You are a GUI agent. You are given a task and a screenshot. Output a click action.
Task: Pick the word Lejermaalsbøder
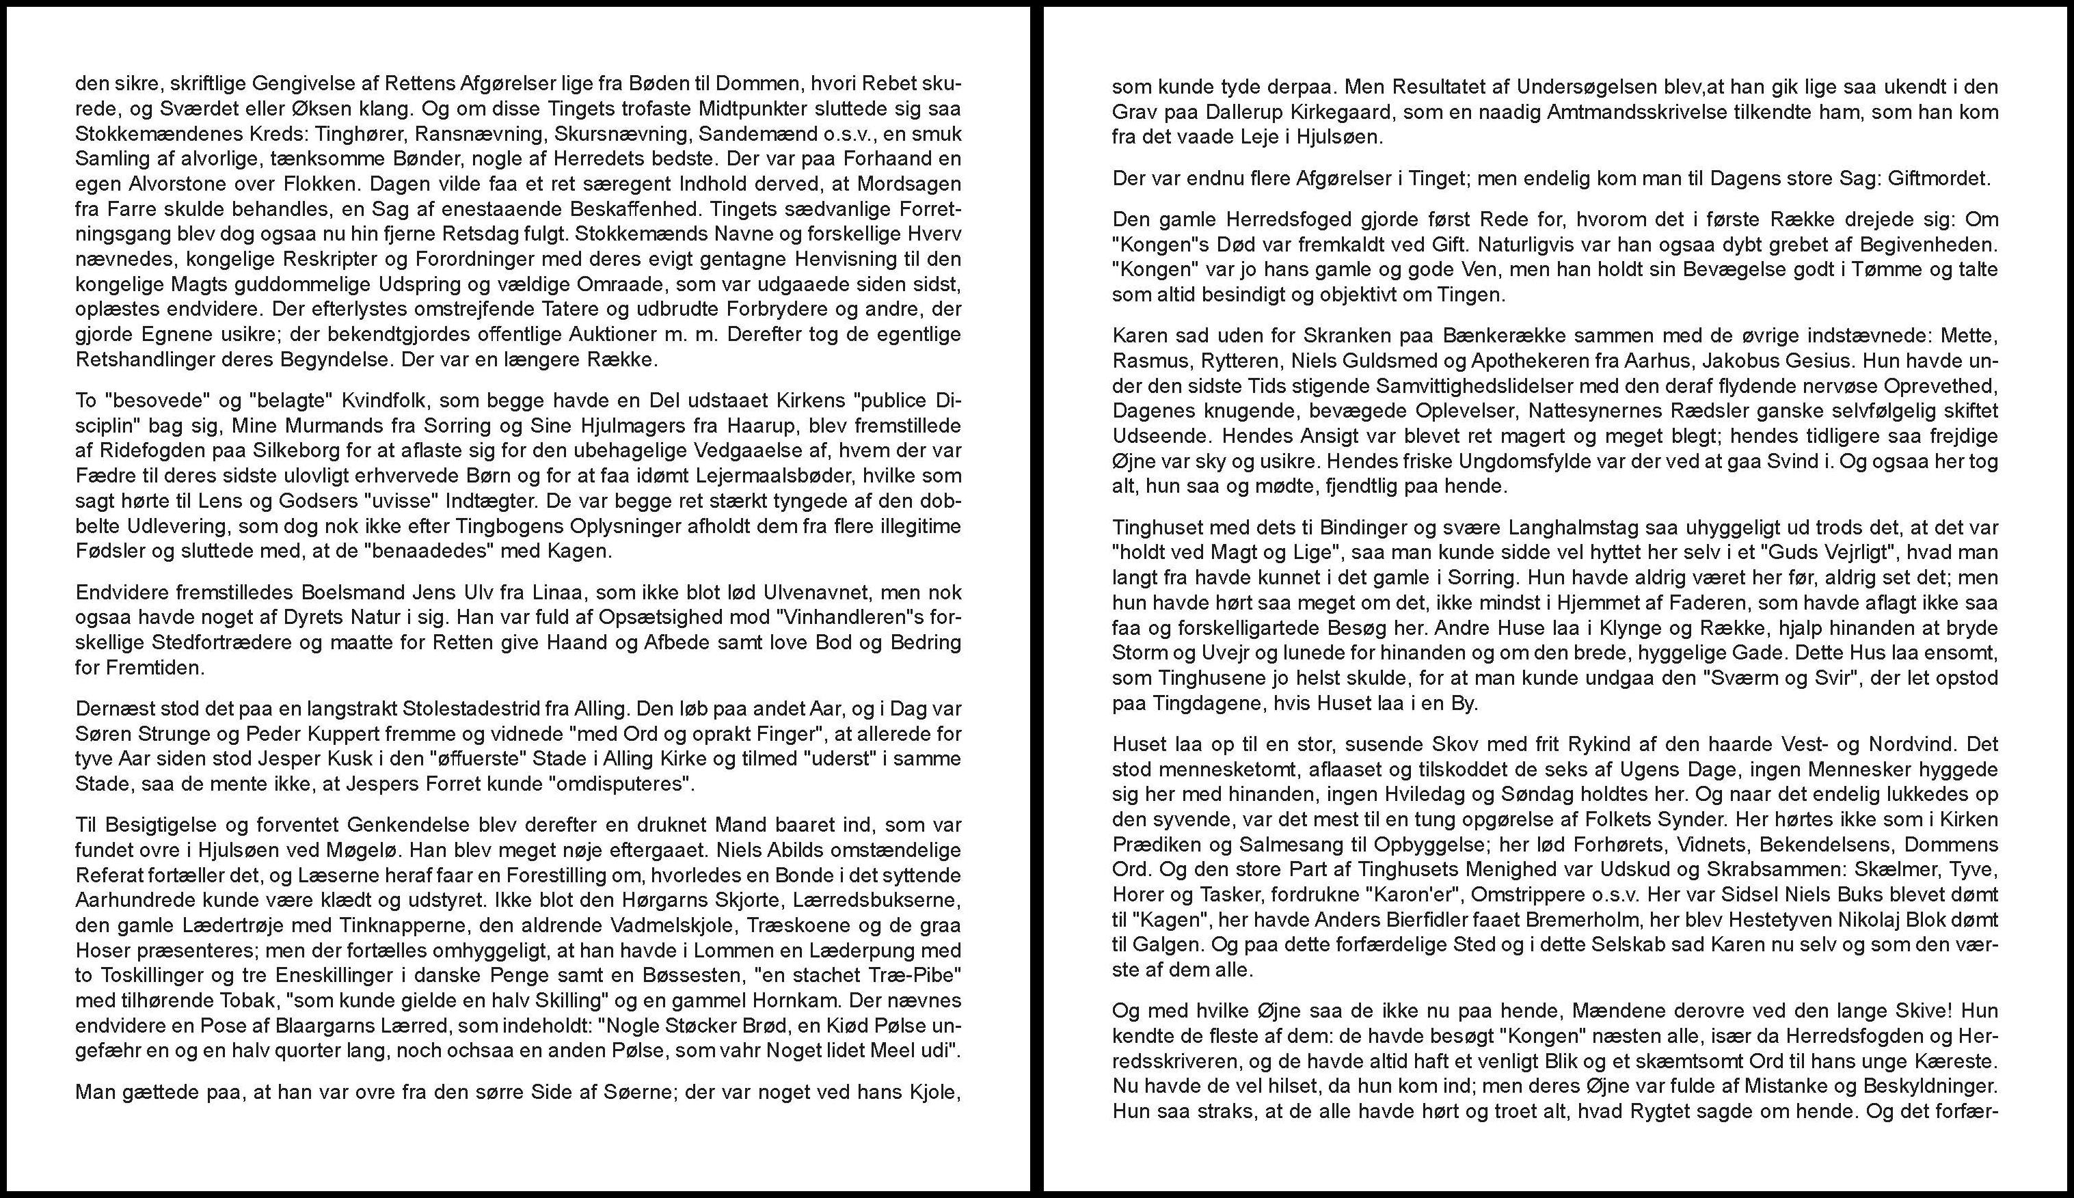tap(742, 476)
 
